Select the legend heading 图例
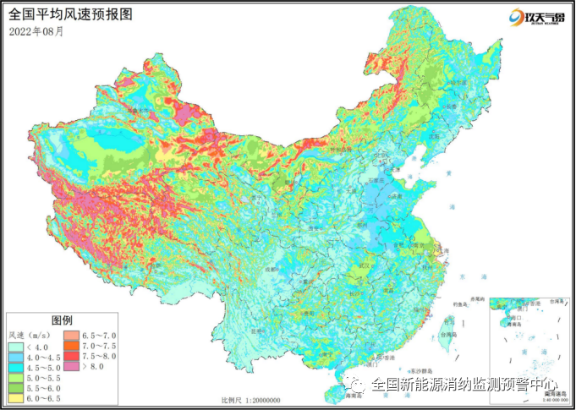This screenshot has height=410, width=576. pyautogui.click(x=63, y=320)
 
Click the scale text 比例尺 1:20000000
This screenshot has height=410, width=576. pyautogui.click(x=251, y=400)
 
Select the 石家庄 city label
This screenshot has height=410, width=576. pyautogui.click(x=376, y=181)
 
